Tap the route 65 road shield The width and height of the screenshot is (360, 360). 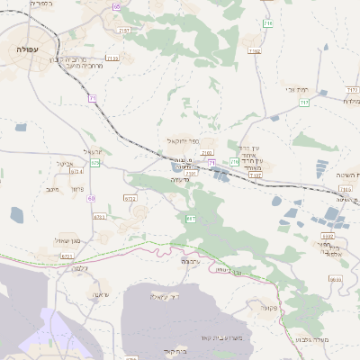[x=116, y=6]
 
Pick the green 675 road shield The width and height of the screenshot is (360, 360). [x=94, y=163]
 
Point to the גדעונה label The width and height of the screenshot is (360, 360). [x=184, y=179]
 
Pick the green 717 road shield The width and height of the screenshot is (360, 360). [x=304, y=103]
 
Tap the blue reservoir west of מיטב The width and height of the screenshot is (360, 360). [x=18, y=214]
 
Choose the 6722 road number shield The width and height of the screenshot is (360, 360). [x=130, y=197]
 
